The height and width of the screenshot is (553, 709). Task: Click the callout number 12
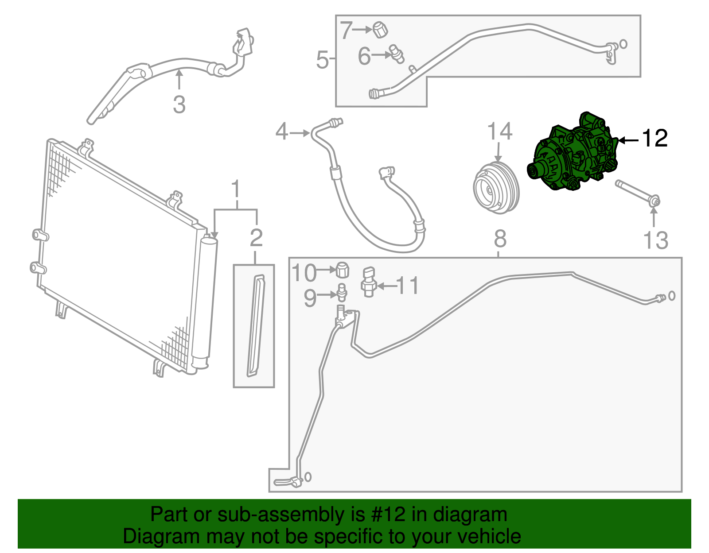[654, 139]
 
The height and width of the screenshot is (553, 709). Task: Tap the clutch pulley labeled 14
[496, 189]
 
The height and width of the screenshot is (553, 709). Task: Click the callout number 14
[499, 131]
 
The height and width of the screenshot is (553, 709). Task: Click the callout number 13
[655, 240]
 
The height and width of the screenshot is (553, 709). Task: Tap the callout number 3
[179, 104]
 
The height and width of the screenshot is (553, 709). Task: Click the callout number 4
[282, 131]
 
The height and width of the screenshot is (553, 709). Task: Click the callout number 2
[256, 238]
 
